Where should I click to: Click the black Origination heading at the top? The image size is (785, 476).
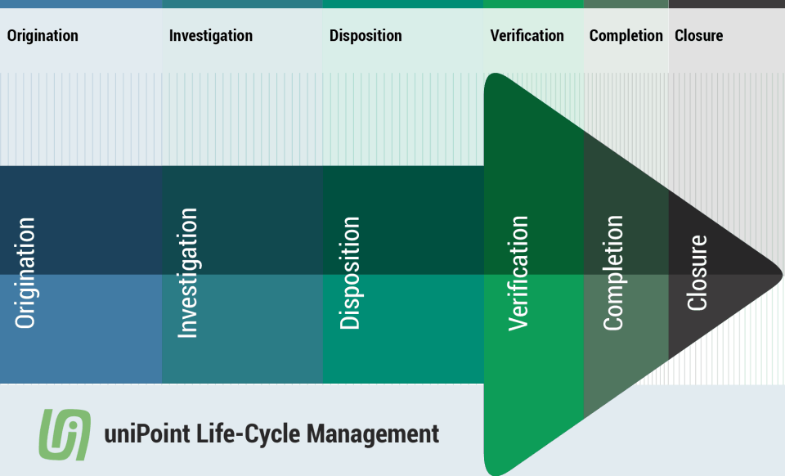coord(43,36)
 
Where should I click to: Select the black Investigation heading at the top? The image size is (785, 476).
coord(210,36)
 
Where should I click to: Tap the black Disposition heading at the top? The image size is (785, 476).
coord(366,36)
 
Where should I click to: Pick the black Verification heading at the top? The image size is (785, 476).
coord(527,36)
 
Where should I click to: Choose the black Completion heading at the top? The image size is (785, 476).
coord(626,36)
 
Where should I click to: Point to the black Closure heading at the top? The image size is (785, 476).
coord(698,36)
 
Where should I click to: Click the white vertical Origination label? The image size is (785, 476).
coord(25,273)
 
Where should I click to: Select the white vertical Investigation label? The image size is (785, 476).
coord(187,273)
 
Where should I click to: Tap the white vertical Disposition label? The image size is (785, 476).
coord(349,273)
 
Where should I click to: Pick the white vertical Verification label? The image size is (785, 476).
coord(518,273)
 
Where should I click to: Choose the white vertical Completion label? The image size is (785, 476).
coord(613,273)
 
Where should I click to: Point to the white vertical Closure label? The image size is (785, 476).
coord(697,273)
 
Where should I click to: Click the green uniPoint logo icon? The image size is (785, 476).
coord(64,433)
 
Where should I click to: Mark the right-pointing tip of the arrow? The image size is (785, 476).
coord(781,272)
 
